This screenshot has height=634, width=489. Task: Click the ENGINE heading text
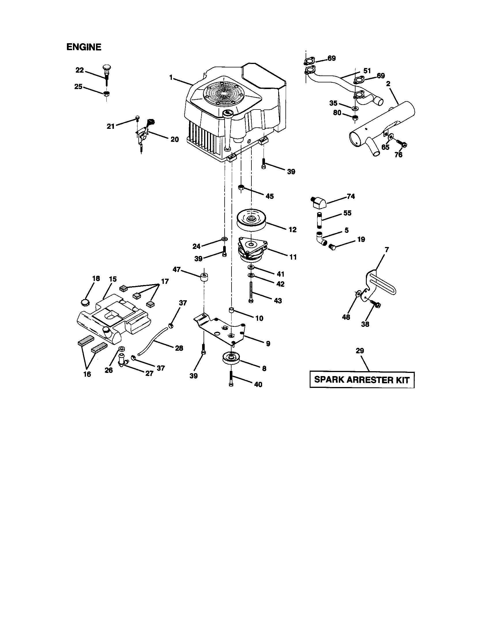coord(84,47)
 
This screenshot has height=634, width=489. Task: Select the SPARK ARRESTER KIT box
coord(362,380)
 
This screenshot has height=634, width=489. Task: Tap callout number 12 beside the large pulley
coord(293,230)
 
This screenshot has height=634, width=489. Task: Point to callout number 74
coord(351,197)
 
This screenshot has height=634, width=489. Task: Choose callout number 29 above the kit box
coord(360,351)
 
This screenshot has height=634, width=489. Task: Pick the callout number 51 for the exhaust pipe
coord(367,71)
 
